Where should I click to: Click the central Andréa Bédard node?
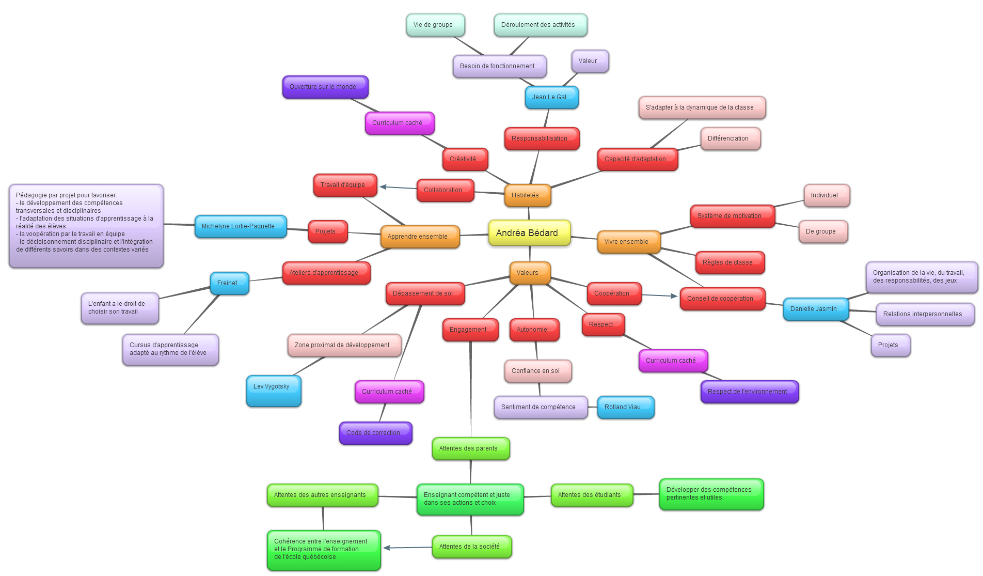529,233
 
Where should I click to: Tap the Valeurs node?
530,273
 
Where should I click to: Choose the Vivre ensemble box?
628,242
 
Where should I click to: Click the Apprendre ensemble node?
420,237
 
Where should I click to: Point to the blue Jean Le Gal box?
551,97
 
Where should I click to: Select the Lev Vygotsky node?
274,391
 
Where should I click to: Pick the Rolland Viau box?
625,407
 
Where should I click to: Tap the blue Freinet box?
229,283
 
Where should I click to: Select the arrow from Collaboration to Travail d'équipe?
398,188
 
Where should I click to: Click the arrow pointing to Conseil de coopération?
659,295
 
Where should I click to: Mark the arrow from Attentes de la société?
407,548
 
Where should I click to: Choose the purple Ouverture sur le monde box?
325,87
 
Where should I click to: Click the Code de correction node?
375,433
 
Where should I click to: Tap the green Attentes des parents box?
470,448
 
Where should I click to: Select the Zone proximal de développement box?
344,345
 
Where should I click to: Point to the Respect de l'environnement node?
749,392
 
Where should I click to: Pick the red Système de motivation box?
732,216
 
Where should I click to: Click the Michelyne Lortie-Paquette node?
240,226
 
